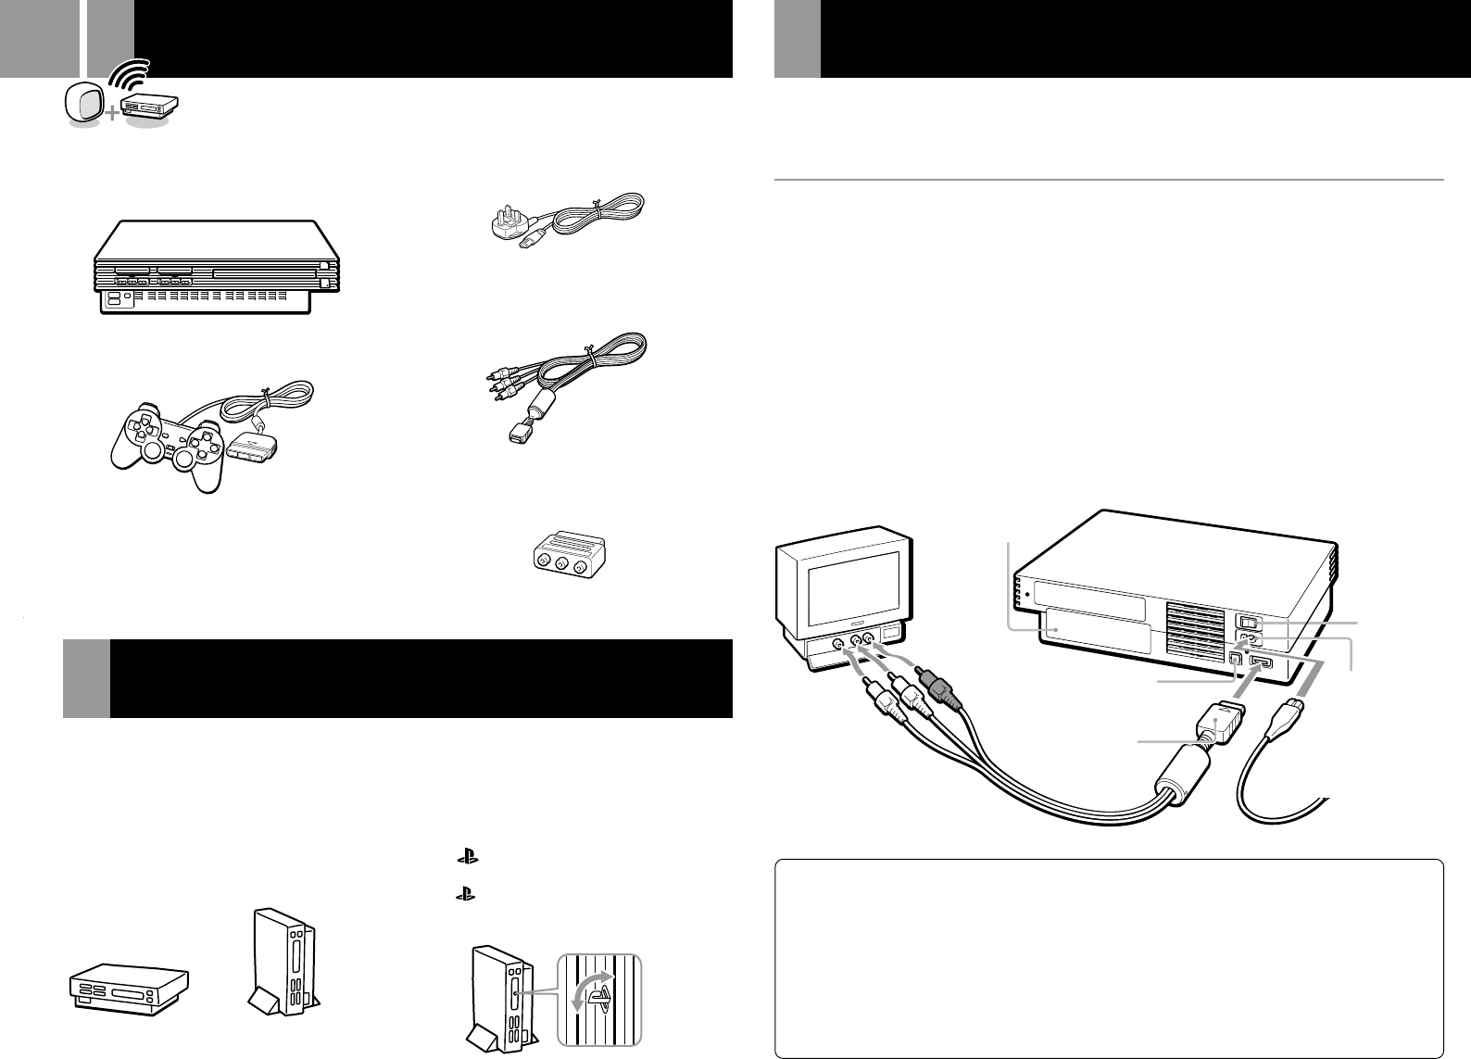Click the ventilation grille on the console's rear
click(1193, 628)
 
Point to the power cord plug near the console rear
click(1286, 719)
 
